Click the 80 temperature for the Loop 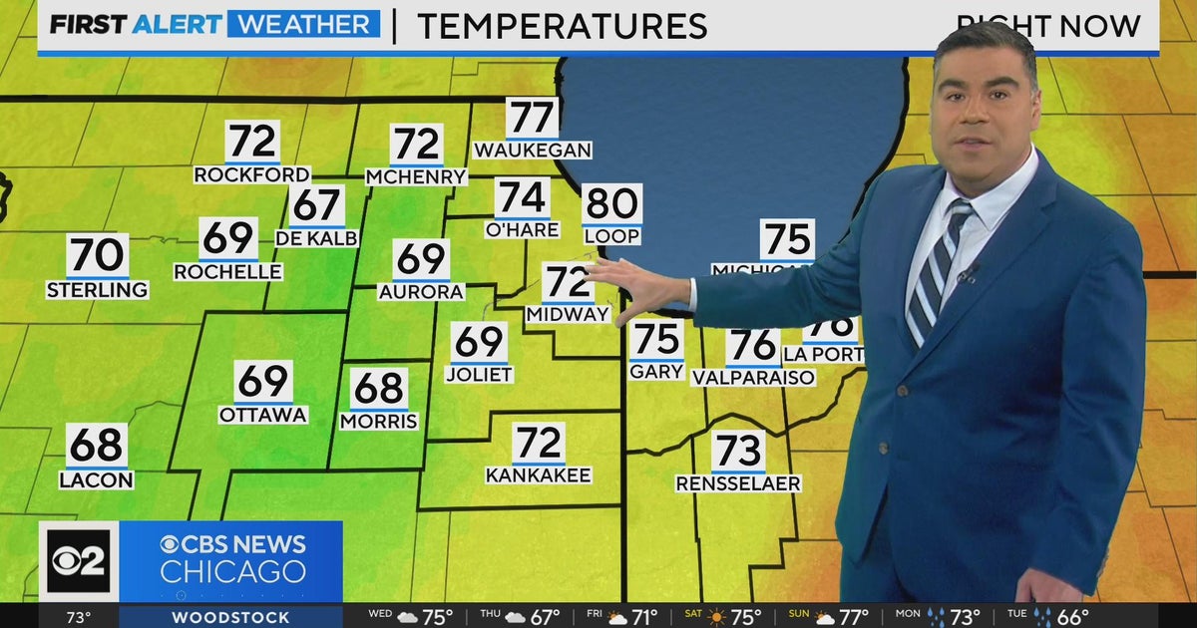click(611, 204)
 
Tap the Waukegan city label click(533, 151)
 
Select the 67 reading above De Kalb click(317, 205)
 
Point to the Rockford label click(251, 174)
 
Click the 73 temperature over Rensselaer click(738, 452)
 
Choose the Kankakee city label click(539, 475)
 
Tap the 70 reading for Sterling click(98, 255)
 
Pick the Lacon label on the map click(97, 479)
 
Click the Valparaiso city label click(753, 378)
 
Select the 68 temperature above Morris click(379, 389)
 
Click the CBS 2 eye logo click(78, 561)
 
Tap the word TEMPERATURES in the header click(562, 27)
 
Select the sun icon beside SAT click(716, 618)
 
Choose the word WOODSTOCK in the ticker click(230, 618)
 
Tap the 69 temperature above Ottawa click(263, 382)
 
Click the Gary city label click(656, 371)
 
